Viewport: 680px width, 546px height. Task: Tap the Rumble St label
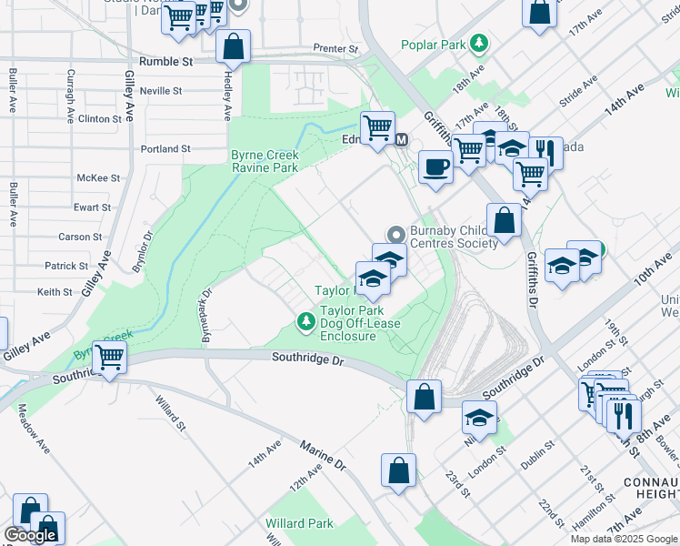(x=165, y=62)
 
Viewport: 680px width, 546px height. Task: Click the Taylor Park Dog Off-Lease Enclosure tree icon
(x=306, y=320)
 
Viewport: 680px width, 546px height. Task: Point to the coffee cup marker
(x=435, y=167)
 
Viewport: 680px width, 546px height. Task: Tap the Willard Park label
(x=299, y=523)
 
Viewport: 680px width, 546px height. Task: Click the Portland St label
(x=165, y=148)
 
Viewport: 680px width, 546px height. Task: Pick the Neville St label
(x=161, y=91)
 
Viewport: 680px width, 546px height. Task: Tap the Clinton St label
(x=100, y=119)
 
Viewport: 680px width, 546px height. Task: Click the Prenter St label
(x=336, y=47)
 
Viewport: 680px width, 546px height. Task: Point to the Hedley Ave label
(x=225, y=96)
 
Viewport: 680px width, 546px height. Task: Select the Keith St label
(x=55, y=292)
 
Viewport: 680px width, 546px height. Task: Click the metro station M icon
(x=401, y=139)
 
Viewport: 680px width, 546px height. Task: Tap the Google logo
(x=30, y=535)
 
